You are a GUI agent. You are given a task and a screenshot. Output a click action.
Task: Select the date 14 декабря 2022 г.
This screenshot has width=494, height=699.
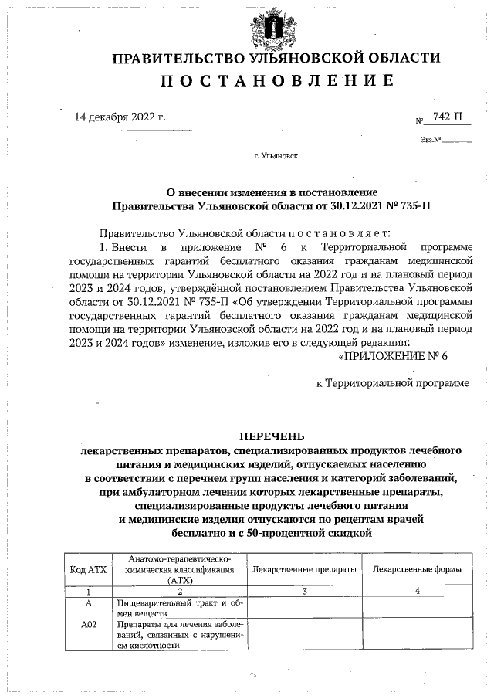pos(120,117)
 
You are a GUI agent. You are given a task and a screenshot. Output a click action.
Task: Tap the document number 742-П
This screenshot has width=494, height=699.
pos(448,117)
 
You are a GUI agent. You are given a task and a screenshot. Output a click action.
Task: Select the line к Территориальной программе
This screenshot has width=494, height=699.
pos(393,382)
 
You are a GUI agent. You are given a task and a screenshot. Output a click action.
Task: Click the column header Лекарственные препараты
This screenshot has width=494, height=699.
pos(304,569)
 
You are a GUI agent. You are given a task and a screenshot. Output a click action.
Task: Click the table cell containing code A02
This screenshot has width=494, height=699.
pos(88,625)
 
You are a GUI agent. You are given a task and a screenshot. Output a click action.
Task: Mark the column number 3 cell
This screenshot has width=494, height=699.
pos(304,591)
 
